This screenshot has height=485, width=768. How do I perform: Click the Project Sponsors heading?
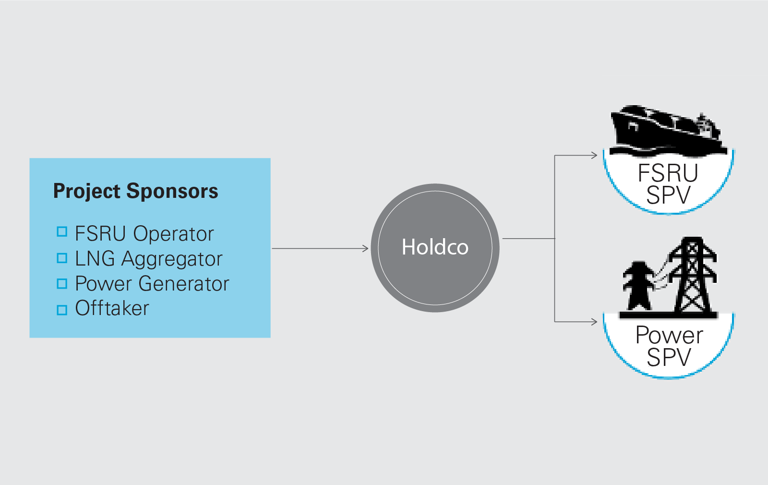click(135, 191)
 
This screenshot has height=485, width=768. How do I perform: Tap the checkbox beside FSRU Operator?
click(62, 232)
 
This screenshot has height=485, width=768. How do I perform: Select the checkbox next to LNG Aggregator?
click(62, 258)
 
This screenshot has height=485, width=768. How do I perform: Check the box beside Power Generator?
click(62, 283)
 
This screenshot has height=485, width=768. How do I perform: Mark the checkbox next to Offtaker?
click(62, 310)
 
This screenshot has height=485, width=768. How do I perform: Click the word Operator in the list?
click(173, 234)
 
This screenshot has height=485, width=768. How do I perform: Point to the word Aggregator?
click(172, 259)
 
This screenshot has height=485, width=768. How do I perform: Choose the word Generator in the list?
click(184, 284)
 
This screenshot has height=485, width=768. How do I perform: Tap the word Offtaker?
click(112, 308)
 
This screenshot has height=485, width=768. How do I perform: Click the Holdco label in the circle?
click(435, 247)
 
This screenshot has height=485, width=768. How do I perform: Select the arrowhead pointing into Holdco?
click(365, 248)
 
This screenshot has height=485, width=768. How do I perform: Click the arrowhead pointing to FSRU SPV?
click(594, 155)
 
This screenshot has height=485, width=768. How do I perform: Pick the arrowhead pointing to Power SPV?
click(594, 321)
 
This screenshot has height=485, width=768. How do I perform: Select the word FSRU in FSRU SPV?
click(668, 173)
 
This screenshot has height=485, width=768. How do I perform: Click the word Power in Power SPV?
click(669, 335)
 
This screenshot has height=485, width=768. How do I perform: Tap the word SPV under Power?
click(669, 357)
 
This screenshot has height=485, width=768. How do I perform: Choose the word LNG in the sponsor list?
click(95, 259)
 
